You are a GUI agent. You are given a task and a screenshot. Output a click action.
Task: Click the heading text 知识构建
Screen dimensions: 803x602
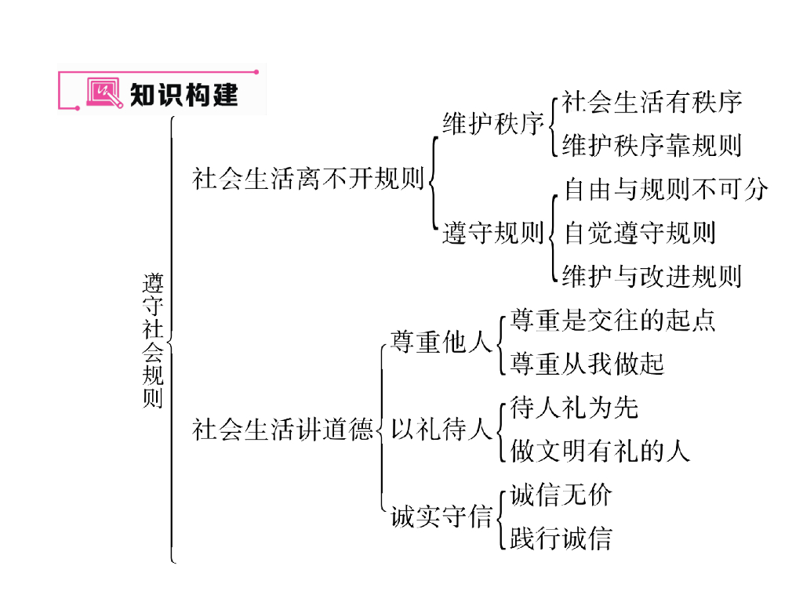pos(183,95)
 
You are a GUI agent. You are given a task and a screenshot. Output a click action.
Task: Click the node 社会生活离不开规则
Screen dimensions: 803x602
pos(308,179)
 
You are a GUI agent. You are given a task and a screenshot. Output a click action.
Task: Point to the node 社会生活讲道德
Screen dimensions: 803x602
pos(282,430)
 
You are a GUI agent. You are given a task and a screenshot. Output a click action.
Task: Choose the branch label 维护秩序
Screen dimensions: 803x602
pos(492,124)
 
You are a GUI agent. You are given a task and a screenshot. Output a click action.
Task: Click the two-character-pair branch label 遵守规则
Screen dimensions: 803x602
pos(492,233)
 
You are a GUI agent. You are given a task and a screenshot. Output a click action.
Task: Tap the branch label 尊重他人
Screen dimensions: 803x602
pos(441,343)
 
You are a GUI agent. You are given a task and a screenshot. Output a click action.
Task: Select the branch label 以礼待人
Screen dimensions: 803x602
pos(441,430)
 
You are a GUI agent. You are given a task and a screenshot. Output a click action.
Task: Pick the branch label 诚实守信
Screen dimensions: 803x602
pos(441,517)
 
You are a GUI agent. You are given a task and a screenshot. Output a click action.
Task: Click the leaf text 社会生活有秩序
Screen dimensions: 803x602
pos(652,102)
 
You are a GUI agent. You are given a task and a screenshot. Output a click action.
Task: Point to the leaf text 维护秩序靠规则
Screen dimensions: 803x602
pos(652,146)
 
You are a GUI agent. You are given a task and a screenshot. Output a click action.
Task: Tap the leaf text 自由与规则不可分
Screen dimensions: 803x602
pos(666,189)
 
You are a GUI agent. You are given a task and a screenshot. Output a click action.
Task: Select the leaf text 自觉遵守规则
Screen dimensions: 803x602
pos(639,233)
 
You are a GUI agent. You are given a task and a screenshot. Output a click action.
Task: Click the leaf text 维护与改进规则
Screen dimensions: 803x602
pos(652,276)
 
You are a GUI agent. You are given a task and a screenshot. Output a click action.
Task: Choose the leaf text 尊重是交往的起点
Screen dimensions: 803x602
pos(612,320)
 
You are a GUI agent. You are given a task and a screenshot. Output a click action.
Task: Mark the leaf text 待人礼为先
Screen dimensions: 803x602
pos(574,408)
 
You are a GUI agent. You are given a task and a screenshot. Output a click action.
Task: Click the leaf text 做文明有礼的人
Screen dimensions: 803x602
pos(600,451)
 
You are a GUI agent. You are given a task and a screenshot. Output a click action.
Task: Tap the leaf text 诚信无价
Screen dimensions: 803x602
pos(561,495)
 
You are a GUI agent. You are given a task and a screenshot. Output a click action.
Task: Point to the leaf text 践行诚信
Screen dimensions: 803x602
pos(561,539)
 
